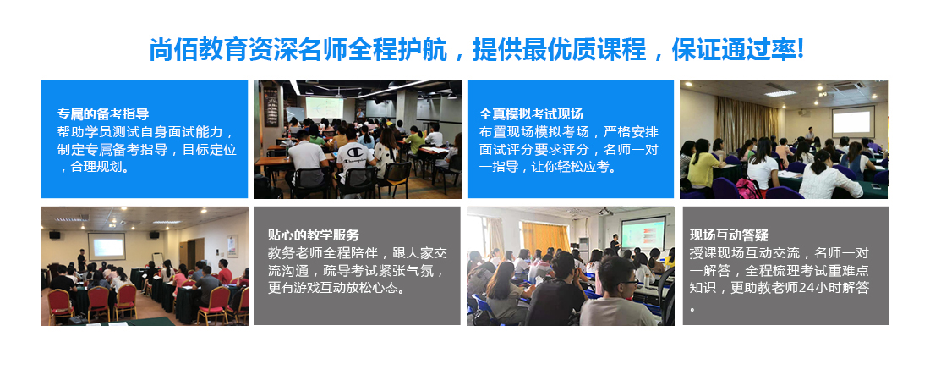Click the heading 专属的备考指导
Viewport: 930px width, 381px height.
(x=103, y=113)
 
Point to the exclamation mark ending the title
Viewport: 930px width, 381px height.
(x=800, y=50)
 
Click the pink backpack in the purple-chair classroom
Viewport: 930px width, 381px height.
(x=748, y=189)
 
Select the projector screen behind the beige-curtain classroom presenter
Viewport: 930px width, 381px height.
(x=853, y=121)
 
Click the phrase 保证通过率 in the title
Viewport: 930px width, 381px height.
(x=734, y=50)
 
